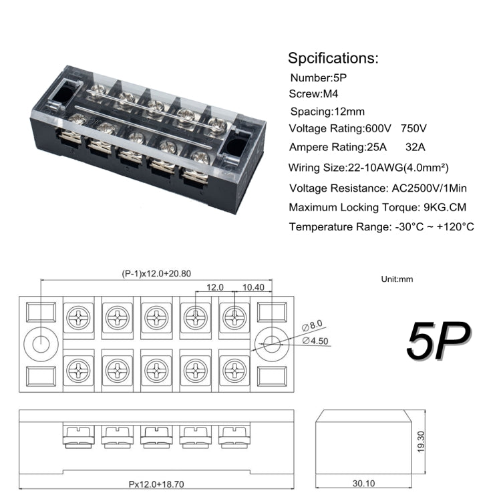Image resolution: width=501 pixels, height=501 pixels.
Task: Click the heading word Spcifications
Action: (x=333, y=57)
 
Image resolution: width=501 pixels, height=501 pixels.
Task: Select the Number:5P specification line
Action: (x=318, y=77)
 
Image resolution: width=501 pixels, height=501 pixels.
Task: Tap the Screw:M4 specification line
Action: (x=315, y=94)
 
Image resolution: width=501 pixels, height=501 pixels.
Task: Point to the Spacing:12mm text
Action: (x=327, y=112)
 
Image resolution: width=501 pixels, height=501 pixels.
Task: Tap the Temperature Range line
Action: (x=381, y=227)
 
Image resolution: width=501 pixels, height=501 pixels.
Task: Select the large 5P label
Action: (x=438, y=341)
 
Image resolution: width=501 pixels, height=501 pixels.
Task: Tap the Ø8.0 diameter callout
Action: (x=313, y=325)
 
